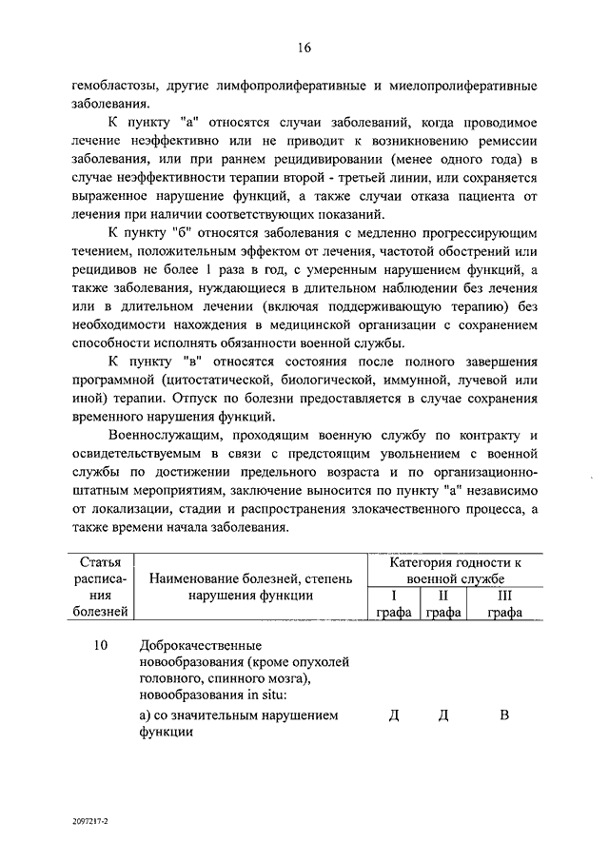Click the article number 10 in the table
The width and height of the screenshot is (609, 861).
point(101,646)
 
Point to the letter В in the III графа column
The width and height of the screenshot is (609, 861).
point(504,715)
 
